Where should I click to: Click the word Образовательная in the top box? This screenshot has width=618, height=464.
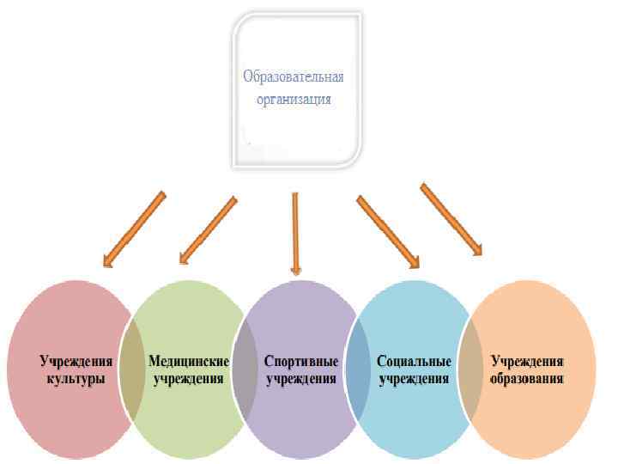293,78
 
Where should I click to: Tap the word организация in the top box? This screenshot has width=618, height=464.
293,99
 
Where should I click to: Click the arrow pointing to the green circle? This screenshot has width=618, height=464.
207,229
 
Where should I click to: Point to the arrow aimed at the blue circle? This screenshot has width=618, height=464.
387,229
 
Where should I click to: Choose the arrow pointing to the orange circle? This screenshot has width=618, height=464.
451,218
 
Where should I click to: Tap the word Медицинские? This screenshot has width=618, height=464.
189,362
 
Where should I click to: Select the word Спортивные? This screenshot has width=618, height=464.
301,362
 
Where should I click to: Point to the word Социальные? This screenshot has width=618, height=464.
414,362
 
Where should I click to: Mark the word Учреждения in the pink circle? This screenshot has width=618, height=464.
77,362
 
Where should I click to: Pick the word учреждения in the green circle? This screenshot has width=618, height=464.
189,379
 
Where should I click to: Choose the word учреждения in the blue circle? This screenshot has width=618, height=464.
414,379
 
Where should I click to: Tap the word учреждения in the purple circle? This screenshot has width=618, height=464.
301,379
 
